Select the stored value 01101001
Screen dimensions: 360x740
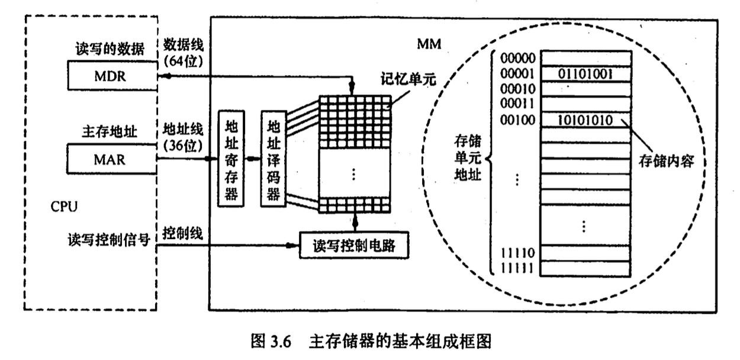tap(585, 75)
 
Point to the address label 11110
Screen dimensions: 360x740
tap(517, 253)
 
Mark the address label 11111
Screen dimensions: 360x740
tap(517, 268)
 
